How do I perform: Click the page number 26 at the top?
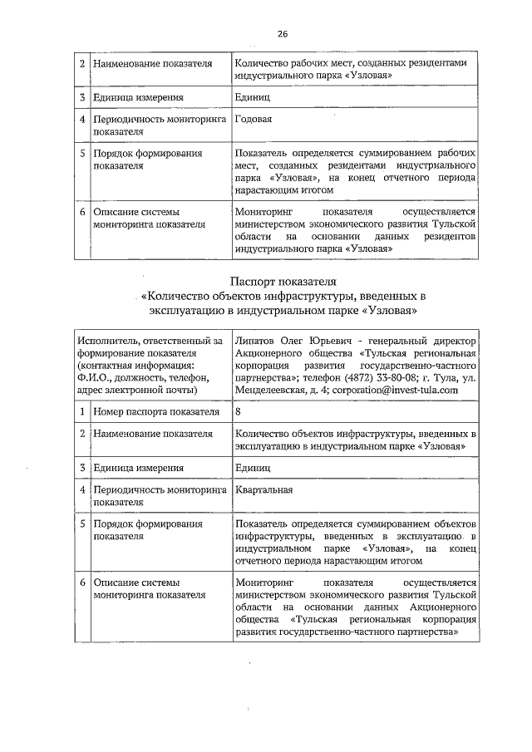282,34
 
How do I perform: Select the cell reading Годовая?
254,120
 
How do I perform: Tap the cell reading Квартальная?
264,490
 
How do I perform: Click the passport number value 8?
239,411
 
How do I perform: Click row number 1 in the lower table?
82,411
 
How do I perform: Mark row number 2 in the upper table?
82,63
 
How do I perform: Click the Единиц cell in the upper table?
253,96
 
